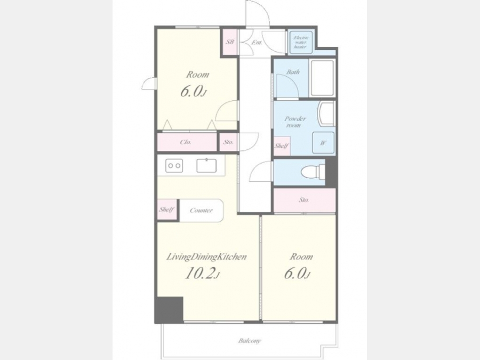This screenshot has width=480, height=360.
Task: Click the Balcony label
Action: (x=250, y=340)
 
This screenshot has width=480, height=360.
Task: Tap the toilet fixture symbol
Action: (x=313, y=171)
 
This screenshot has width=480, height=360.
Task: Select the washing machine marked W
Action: (x=323, y=142)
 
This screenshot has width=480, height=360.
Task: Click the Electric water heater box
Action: (x=301, y=42)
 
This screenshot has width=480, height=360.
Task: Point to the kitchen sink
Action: (x=206, y=165)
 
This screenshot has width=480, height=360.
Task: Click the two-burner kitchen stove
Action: (x=174, y=166)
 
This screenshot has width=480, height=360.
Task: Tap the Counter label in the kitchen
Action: (x=201, y=210)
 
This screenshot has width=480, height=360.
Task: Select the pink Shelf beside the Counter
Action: (x=167, y=210)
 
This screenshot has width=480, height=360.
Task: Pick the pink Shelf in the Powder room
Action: (x=282, y=146)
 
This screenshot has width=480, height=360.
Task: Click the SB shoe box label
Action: (x=229, y=42)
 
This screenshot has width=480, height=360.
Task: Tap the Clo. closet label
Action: (x=186, y=142)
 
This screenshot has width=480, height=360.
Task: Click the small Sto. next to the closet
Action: (x=228, y=142)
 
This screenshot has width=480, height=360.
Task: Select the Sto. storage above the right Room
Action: (x=303, y=200)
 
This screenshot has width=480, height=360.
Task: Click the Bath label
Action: (x=293, y=72)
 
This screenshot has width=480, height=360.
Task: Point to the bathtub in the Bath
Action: (x=322, y=78)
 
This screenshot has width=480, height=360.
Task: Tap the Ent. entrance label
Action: (x=257, y=43)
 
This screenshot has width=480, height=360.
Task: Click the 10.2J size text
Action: (x=202, y=274)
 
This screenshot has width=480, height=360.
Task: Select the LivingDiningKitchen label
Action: (x=206, y=257)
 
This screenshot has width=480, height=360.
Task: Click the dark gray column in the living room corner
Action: (x=169, y=309)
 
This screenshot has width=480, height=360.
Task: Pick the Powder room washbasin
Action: (x=326, y=114)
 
